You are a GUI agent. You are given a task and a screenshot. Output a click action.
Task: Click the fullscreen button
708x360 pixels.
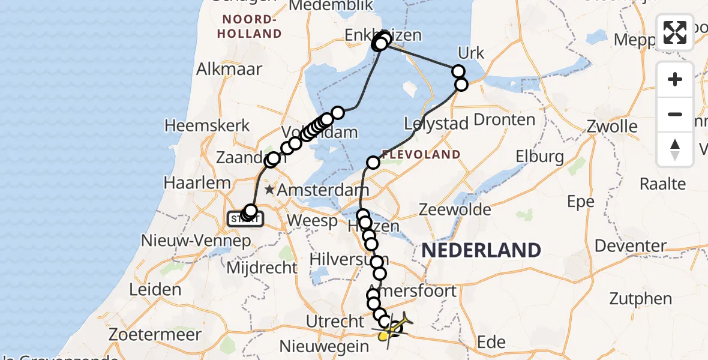click(x=675, y=32)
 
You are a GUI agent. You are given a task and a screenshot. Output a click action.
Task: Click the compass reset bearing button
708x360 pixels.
click(x=675, y=149)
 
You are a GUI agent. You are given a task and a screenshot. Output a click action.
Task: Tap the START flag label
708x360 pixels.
click(x=245, y=220)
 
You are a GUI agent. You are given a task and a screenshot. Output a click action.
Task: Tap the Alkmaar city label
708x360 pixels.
click(x=230, y=69)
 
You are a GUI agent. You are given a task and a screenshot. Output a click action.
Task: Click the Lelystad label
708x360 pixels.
click(x=436, y=125)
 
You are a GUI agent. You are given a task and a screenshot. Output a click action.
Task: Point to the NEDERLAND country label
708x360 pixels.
click(x=481, y=250)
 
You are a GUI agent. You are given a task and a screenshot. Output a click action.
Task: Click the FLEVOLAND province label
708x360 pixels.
click(x=421, y=155)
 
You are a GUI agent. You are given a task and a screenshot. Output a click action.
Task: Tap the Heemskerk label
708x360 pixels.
click(x=199, y=127)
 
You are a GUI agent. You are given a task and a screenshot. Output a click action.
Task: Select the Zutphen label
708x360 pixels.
click(x=641, y=298)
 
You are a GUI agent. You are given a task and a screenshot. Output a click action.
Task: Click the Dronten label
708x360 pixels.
click(x=504, y=119)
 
